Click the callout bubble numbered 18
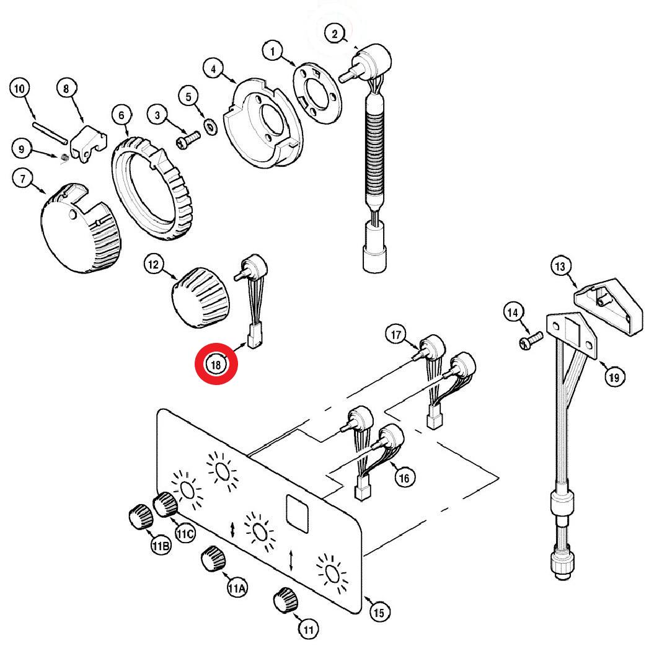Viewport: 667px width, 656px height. coord(216,365)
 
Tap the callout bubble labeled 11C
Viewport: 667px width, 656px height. coord(185,533)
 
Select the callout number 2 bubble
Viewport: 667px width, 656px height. coord(335,33)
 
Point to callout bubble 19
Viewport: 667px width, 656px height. coord(614,377)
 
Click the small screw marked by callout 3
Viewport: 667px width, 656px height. coord(188,140)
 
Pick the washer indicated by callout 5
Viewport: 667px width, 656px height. coord(210,126)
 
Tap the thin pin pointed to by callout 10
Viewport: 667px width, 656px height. coord(50,133)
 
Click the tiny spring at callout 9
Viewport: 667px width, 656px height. coord(64,158)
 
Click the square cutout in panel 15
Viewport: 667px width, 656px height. coord(298,513)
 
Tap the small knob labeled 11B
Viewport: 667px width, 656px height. coord(141,516)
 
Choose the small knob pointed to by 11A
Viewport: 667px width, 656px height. coord(213,558)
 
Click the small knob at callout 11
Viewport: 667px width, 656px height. coord(285,600)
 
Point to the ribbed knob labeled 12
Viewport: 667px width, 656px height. coord(201,298)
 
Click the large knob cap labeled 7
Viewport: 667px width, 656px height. coord(81,228)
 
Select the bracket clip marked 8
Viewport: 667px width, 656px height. coord(89,144)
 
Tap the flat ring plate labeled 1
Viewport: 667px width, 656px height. coord(317,93)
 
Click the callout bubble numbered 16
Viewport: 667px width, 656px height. coord(404,478)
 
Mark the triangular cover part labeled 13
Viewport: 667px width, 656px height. coord(609,306)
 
